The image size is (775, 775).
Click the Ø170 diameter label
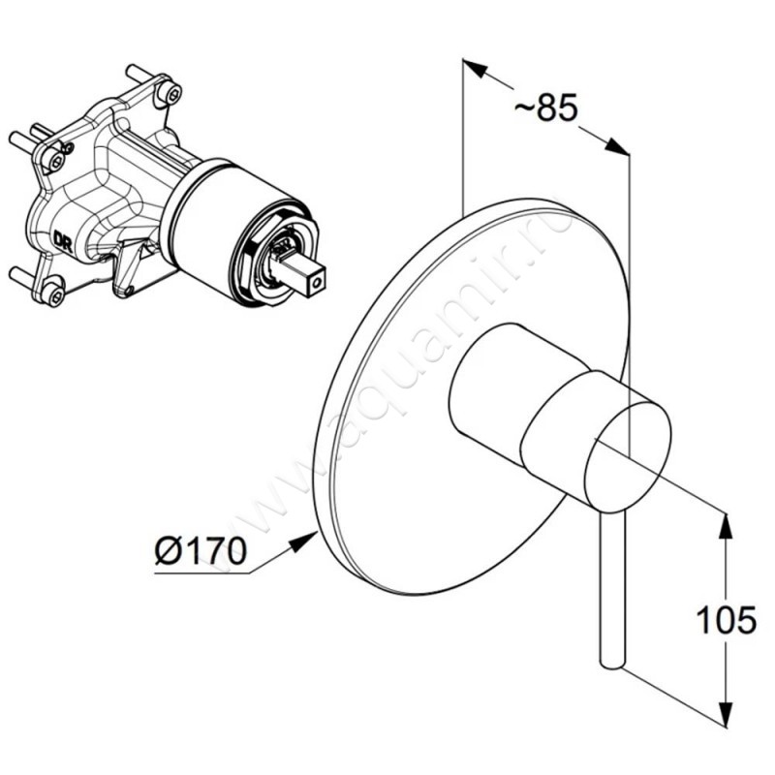(201, 551)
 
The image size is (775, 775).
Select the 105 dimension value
(726, 619)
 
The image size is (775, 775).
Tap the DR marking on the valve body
(64, 240)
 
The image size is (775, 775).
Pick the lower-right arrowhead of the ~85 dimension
(618, 147)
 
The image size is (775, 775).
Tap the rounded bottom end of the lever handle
(612, 663)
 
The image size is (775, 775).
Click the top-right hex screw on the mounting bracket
(171, 92)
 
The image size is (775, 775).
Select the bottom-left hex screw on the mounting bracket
(52, 294)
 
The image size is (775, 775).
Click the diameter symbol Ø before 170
(168, 551)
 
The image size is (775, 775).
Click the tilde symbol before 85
(524, 108)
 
